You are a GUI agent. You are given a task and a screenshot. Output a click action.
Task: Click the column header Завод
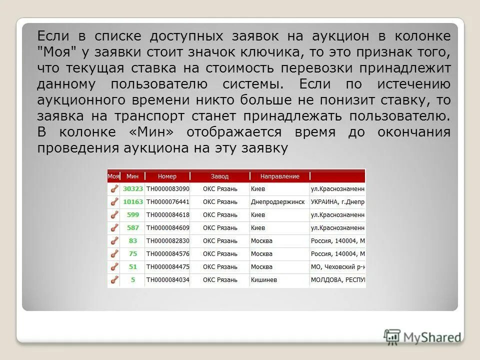click(219, 176)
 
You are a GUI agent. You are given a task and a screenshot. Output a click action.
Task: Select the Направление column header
click(279, 176)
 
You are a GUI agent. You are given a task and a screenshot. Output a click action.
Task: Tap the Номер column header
click(167, 176)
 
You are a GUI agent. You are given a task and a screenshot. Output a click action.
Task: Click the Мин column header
click(132, 176)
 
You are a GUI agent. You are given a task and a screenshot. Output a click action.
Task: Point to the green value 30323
click(133, 189)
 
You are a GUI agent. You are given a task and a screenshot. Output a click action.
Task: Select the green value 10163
click(133, 202)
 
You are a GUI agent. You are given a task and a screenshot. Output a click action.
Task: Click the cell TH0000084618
click(167, 215)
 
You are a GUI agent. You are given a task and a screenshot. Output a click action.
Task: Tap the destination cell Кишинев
click(263, 280)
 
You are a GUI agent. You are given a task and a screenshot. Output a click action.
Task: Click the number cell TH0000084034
click(167, 280)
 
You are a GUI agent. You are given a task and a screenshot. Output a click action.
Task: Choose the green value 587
click(133, 228)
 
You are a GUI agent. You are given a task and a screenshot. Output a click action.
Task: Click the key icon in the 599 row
click(114, 215)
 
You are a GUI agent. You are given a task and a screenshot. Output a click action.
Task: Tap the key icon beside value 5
click(114, 280)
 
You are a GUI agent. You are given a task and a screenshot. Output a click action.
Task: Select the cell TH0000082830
click(167, 241)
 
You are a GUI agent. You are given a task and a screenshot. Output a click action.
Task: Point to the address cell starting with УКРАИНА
click(337, 202)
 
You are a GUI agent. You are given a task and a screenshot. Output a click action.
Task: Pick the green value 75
click(133, 254)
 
